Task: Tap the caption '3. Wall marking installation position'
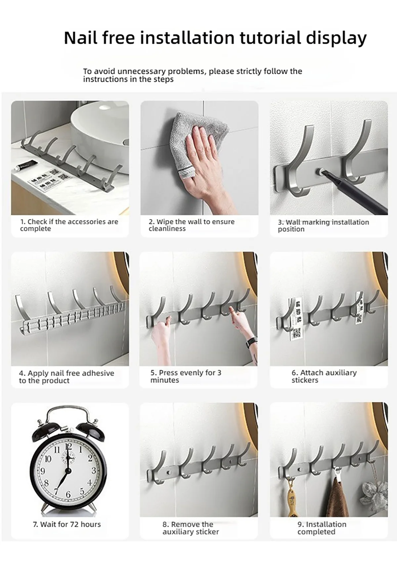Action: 323,225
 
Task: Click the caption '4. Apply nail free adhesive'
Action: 66,373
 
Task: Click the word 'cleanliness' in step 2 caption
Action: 167,229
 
